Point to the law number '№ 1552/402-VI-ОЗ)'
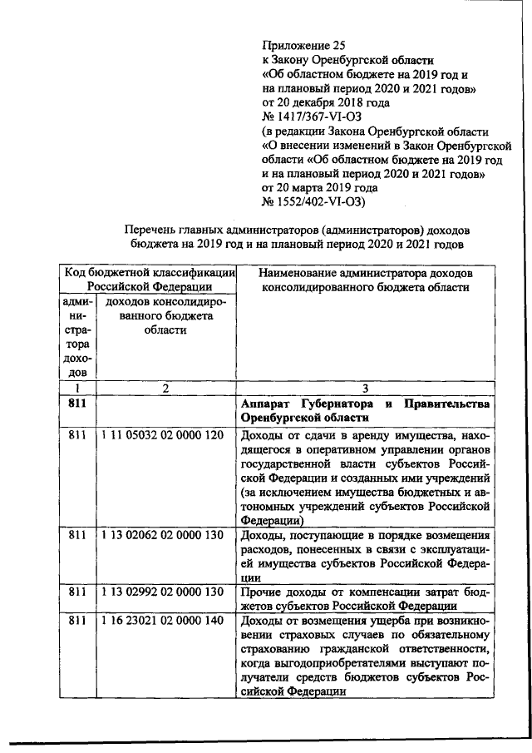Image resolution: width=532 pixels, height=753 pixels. [x=317, y=202]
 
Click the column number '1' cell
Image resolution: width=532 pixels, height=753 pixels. [x=76, y=388]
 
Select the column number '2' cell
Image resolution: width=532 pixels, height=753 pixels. [x=165, y=388]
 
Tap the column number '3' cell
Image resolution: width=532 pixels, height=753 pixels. [x=363, y=388]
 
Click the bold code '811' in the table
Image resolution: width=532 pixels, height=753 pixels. [x=76, y=404]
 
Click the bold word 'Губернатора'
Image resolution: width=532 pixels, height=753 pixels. [x=330, y=404]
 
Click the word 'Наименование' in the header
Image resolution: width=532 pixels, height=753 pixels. [x=300, y=273]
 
